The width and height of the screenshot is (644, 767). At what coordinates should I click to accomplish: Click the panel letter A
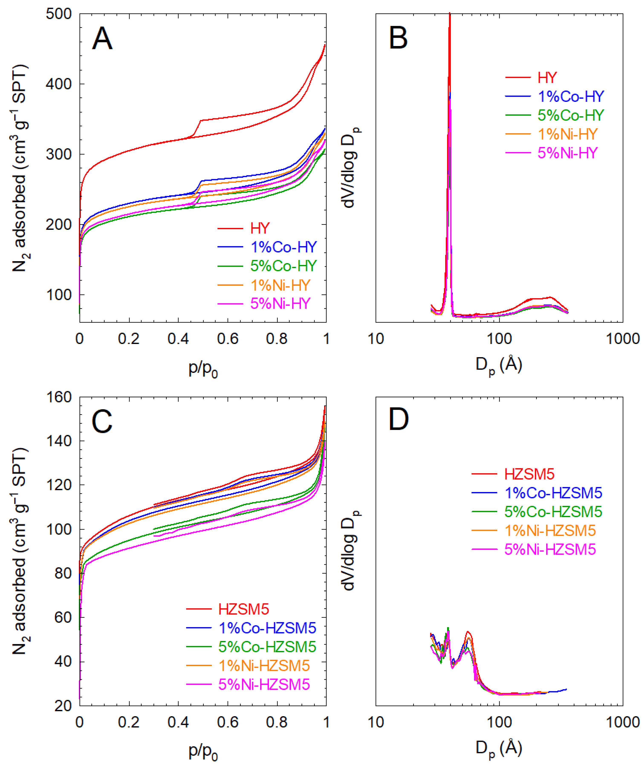tap(102, 39)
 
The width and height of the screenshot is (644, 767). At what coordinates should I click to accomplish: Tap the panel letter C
tap(102, 422)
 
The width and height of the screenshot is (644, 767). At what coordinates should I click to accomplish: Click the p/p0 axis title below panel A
tap(203, 369)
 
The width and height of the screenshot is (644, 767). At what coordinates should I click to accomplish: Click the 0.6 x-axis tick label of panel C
tap(227, 722)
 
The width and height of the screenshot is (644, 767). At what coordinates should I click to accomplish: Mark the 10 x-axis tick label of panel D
tap(376, 722)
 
